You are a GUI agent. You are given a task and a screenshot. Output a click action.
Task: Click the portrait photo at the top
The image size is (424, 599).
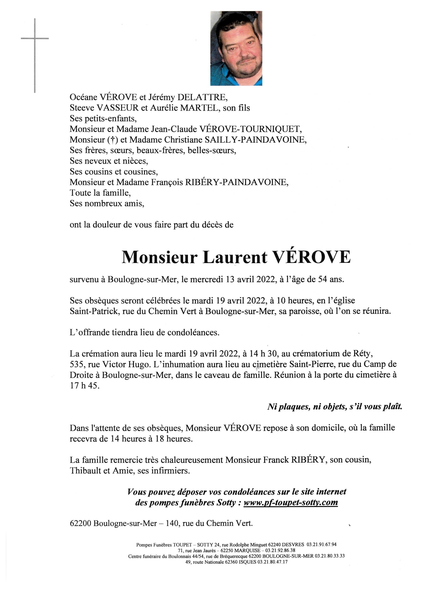236,48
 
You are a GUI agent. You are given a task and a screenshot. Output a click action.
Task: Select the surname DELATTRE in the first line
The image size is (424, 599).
202,97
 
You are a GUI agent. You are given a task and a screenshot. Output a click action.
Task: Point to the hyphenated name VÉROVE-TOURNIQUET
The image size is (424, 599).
251,129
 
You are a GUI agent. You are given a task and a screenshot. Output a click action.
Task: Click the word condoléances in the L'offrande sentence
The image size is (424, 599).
193,333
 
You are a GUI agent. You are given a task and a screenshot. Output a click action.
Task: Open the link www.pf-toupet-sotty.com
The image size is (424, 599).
291,502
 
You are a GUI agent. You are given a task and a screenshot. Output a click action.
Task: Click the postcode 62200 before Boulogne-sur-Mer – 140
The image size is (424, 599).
80,524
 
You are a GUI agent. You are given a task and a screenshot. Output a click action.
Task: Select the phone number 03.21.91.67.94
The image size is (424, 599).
321,545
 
